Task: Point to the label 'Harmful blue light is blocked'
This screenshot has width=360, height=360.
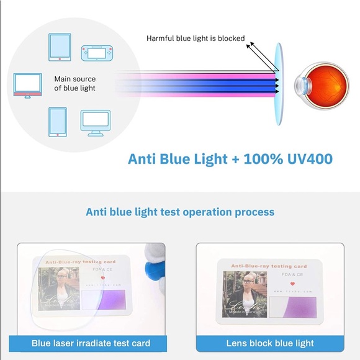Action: (x=196, y=38)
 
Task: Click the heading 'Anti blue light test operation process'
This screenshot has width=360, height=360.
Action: (x=180, y=212)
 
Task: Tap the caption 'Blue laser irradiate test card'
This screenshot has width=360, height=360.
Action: (x=91, y=343)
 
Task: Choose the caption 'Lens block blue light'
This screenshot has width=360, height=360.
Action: (x=269, y=343)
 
